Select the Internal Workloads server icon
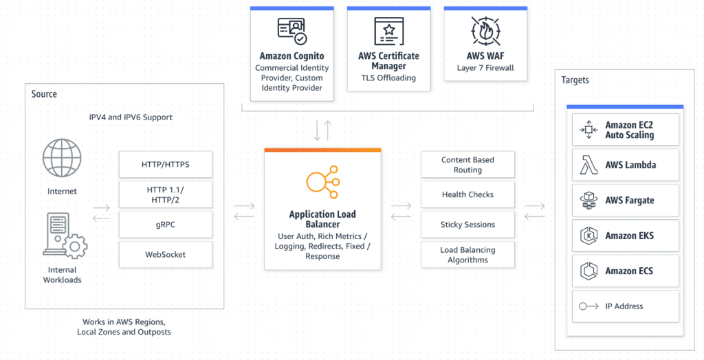(63, 236)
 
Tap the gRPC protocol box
(165, 224)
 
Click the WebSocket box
(165, 254)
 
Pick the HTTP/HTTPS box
(165, 164)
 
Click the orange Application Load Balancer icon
(322, 182)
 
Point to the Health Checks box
(467, 194)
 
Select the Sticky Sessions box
(467, 225)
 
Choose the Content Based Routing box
(467, 165)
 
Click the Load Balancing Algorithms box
(467, 255)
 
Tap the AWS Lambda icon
(588, 165)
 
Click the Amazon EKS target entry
(625, 236)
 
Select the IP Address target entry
(625, 306)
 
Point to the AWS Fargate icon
(588, 201)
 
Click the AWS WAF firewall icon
(485, 31)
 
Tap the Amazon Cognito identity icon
(291, 31)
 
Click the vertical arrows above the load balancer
(322, 129)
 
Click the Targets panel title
(575, 80)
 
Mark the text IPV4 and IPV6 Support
(131, 117)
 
